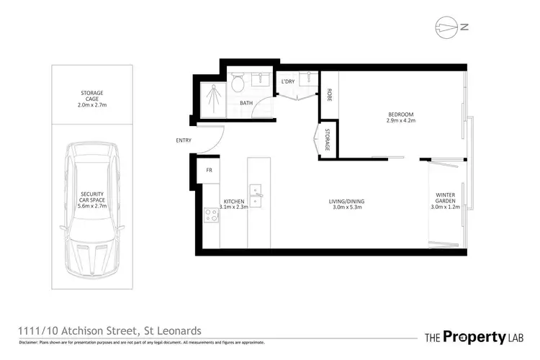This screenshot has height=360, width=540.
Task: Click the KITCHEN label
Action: tap(234, 201)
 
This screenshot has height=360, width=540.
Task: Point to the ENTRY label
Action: tap(183, 140)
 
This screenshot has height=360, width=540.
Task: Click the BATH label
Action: tap(246, 103)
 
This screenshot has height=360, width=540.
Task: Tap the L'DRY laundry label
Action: tap(289, 81)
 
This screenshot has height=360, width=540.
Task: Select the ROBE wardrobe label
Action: tap(329, 94)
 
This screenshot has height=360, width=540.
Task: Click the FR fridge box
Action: tap(210, 171)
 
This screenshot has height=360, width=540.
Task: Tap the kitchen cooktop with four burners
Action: tap(212, 215)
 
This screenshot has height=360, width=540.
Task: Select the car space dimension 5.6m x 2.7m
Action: tap(93, 205)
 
